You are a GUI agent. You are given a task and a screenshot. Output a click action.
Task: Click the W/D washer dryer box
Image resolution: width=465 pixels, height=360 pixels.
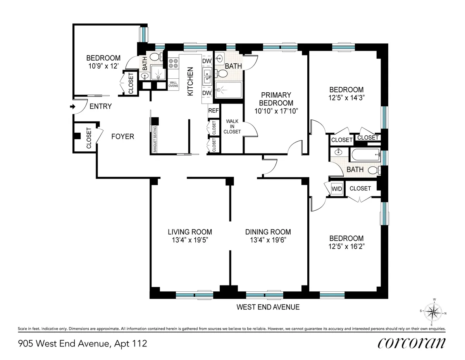337,189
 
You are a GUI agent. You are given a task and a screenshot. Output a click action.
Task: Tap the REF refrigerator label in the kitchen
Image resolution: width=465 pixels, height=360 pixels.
214,110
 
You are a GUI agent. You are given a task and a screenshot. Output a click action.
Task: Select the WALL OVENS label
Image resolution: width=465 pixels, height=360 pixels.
173,83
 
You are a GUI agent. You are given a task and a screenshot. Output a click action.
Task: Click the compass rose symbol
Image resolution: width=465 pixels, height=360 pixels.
434,312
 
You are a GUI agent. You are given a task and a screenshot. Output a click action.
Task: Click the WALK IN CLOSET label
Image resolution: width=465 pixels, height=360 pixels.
234,127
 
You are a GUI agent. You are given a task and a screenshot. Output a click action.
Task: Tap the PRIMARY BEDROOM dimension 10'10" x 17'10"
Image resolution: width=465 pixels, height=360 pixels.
276,111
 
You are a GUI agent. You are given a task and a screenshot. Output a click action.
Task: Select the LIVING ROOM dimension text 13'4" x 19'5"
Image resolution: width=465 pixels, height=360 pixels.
189,240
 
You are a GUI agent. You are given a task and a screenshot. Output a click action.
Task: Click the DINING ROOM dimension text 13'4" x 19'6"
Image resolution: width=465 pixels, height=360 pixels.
268,240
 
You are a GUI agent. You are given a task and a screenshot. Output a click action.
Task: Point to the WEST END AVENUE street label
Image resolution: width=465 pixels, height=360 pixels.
268,307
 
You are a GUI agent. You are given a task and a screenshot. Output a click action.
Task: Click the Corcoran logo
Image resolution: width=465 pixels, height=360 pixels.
411,343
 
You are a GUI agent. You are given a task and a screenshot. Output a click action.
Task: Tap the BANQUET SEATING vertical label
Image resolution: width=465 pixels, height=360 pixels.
154,140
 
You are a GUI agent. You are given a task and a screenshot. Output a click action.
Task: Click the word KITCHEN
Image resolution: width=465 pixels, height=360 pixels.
190,81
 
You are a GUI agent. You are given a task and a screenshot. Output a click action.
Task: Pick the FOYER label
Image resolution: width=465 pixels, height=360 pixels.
122,137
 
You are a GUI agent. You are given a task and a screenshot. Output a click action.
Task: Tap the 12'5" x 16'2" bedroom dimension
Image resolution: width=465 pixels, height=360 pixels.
346,246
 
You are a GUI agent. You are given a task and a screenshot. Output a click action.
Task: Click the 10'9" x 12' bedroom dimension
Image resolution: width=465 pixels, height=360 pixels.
103,66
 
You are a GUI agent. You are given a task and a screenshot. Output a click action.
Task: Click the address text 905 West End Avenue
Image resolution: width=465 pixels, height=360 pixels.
83,343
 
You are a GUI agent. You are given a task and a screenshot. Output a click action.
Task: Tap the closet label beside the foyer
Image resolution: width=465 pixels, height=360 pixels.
88,138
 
